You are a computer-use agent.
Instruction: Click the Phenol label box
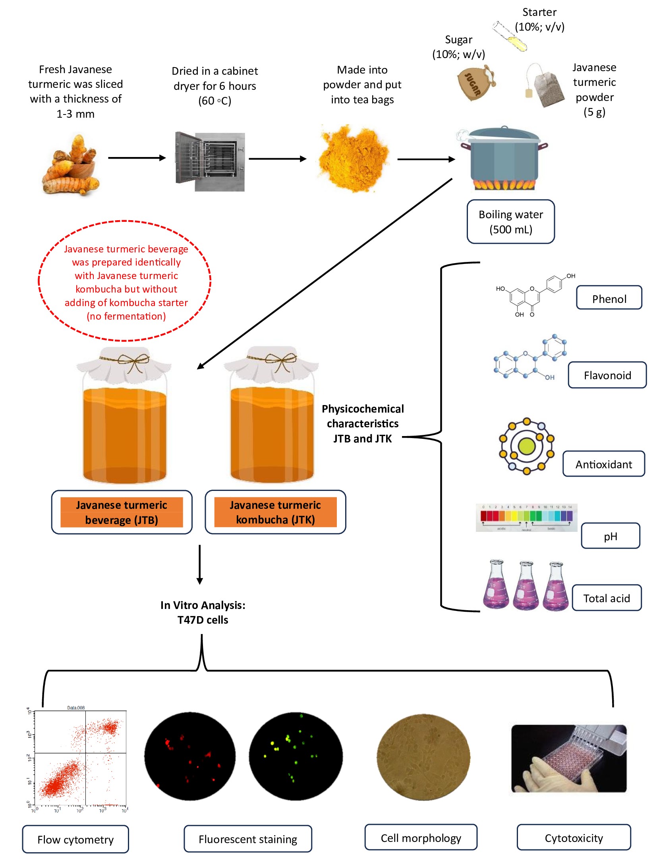[x=609, y=298]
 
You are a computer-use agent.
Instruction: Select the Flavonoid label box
[x=607, y=375]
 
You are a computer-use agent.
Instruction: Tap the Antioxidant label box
[x=603, y=464]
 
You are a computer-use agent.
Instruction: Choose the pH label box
[x=610, y=536]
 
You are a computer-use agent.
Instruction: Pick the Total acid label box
[x=606, y=598]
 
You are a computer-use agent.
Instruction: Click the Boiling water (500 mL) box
[x=510, y=221]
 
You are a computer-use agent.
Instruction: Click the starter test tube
[x=510, y=36]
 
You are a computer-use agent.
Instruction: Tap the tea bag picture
[x=546, y=86]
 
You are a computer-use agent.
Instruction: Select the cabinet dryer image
[x=210, y=161]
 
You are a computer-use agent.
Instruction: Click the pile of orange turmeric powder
[x=354, y=158]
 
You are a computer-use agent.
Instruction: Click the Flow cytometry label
[x=75, y=839]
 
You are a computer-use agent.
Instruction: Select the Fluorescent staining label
[x=247, y=839]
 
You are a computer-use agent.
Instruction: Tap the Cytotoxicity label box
[x=573, y=838]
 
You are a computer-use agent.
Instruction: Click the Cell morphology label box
[x=421, y=838]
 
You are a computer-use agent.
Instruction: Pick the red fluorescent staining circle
[x=189, y=756]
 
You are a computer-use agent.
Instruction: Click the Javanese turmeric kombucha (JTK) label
[x=275, y=512]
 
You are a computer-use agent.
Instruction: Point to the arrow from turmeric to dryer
[x=137, y=158]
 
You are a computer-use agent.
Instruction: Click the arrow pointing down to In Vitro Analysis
[x=200, y=564]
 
